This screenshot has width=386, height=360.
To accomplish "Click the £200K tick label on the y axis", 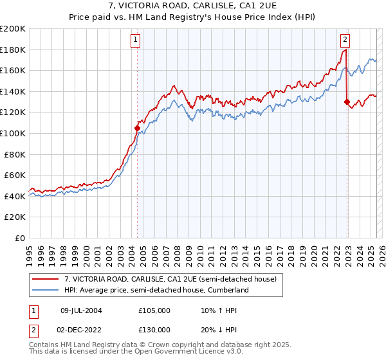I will click(13, 29).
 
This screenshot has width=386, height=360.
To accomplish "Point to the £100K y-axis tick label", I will click(13, 133).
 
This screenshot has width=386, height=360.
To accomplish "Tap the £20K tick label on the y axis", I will click(15, 217).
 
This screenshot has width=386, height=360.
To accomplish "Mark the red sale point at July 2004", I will click(137, 128).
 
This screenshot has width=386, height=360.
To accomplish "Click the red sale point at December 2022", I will click(347, 102).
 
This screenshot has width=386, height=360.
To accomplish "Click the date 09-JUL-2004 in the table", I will click(81, 310).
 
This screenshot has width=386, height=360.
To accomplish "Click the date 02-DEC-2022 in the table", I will click(82, 330).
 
